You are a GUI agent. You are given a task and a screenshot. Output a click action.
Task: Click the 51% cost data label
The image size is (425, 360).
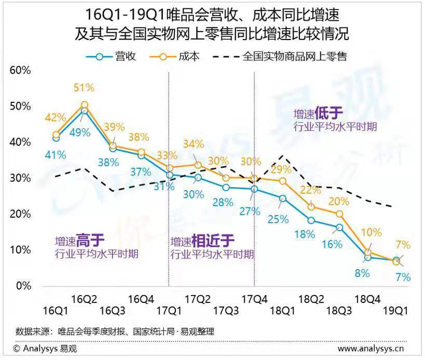[x=84, y=88]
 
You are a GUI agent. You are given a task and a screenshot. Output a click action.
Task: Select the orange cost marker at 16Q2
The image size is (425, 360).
[x=84, y=105]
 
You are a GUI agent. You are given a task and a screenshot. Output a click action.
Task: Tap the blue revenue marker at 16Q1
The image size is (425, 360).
[x=56, y=138]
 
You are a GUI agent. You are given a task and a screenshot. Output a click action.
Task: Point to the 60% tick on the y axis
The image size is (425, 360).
[x=21, y=70]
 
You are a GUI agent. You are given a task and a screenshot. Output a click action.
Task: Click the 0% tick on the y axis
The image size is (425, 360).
[x=23, y=286]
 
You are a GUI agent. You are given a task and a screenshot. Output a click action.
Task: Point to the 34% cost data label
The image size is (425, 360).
[x=193, y=144]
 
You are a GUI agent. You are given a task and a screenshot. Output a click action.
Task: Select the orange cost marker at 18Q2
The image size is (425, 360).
[x=311, y=207]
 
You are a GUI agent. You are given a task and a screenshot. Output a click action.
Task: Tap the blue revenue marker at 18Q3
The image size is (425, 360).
[x=339, y=228]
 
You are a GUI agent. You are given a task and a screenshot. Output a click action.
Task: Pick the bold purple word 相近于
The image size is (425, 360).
[x=213, y=241]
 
